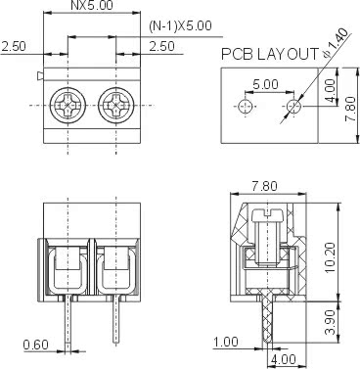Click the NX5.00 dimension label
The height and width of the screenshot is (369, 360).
point(92,5)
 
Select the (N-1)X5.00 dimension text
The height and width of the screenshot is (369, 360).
point(180,26)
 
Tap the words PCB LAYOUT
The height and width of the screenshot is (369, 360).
point(270,54)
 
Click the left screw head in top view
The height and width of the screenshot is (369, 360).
point(67,106)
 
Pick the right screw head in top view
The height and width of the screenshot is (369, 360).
point(116,106)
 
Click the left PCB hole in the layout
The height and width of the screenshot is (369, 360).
point(245,106)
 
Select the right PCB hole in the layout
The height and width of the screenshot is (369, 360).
point(293,106)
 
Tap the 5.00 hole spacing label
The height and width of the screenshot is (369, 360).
point(266,85)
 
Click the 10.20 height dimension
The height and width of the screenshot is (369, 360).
point(330,257)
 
